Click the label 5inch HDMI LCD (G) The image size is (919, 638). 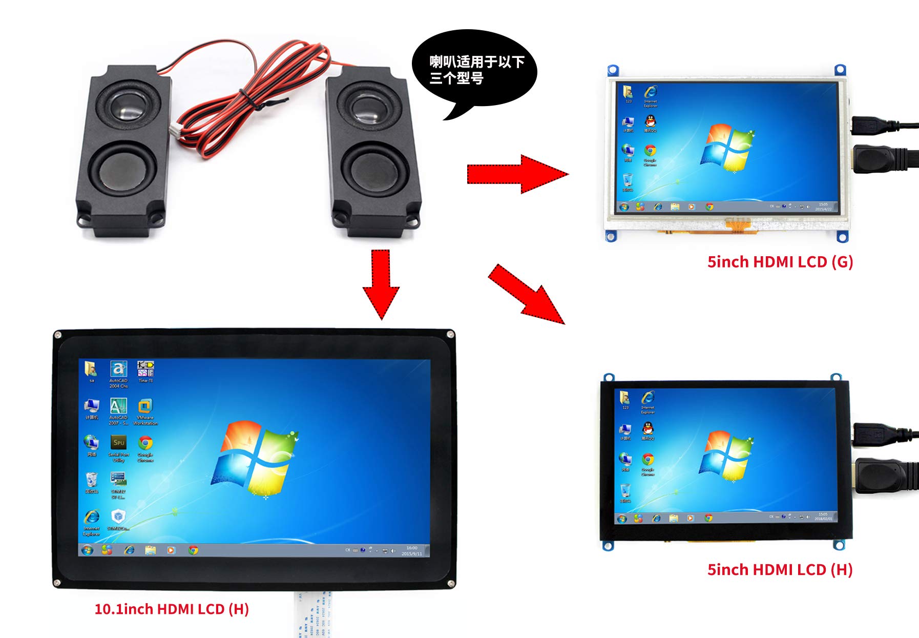click(780, 262)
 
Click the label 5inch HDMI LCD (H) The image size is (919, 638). click(780, 570)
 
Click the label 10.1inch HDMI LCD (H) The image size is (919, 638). click(172, 609)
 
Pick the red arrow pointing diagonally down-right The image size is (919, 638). click(527, 295)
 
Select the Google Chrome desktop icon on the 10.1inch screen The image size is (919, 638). click(145, 443)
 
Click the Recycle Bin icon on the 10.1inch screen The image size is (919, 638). click(92, 480)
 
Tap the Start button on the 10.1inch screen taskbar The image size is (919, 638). click(88, 550)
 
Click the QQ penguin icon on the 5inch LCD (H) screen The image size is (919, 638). click(648, 428)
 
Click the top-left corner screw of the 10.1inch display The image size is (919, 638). click(58, 335)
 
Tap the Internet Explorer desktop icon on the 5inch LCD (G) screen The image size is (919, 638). click(651, 92)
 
